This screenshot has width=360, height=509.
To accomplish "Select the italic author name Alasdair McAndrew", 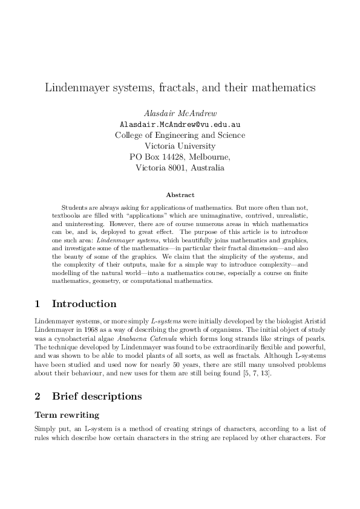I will (x=180, y=114).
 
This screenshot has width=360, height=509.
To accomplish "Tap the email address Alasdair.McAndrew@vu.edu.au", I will (x=180, y=125).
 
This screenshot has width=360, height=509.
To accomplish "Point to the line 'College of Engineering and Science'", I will (x=180, y=135).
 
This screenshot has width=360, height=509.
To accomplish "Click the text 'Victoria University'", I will (x=180, y=146).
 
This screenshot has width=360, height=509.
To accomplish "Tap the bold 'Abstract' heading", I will (x=180, y=195).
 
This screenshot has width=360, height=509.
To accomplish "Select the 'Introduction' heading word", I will (x=84, y=303).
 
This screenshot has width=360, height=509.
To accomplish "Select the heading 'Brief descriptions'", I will (x=97, y=397).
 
